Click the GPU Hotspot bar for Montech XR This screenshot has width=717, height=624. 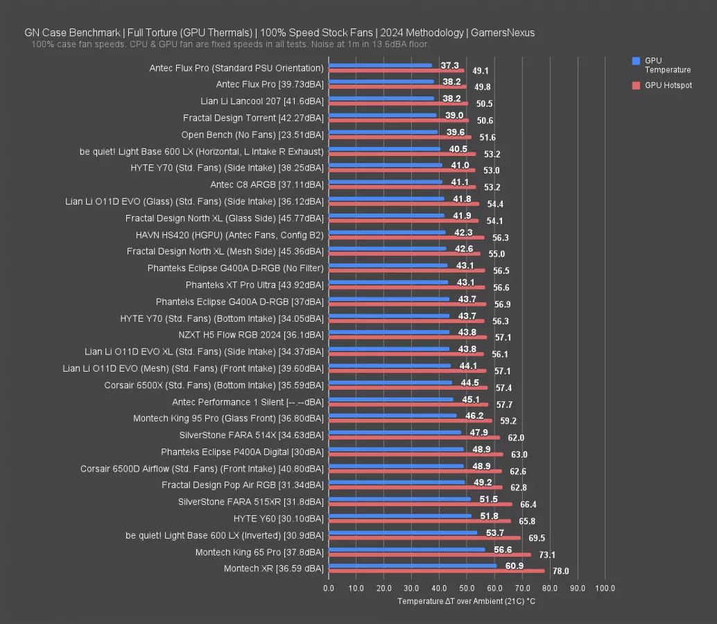coord(437,571)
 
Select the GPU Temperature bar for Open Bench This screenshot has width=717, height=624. coord(383,132)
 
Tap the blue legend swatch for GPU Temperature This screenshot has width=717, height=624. coord(636,61)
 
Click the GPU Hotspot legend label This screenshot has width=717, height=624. coord(668,85)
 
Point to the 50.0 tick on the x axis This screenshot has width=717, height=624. coord(467,588)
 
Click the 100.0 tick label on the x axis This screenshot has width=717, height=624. coord(605,588)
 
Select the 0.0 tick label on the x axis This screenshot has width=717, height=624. coord(329,588)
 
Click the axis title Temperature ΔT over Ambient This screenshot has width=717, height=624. coord(466,601)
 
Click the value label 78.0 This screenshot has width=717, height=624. coord(560,571)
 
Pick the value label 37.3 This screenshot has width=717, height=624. coord(449,65)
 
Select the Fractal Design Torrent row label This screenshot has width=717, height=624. coord(253,118)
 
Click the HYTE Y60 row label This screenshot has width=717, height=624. coord(278,518)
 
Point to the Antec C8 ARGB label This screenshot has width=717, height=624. coord(266,184)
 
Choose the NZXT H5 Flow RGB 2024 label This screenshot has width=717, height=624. coord(250,334)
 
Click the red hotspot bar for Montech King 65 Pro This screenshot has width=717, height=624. coord(430,554)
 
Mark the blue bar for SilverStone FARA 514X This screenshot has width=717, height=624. coord(395,432)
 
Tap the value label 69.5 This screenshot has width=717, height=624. coord(536,538)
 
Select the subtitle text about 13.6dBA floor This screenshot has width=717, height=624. coord(230,44)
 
